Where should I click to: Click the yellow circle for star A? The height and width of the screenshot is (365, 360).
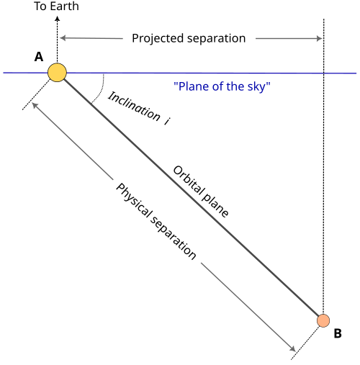coord(57,73)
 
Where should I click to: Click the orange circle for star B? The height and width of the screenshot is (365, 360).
coord(323,320)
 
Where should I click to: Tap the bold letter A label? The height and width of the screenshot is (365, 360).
coord(39,57)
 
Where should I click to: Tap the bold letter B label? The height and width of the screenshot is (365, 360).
coord(338,333)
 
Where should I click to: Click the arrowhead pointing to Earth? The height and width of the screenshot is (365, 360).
coord(57,18)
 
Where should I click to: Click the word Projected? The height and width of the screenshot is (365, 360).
coord(158,39)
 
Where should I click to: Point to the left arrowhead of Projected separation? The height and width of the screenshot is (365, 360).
coord(63,38)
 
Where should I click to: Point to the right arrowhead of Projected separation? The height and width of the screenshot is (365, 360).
coord(319,38)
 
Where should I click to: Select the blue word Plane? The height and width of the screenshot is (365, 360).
coord(192,86)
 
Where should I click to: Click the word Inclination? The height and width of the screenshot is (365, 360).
coord(135,107)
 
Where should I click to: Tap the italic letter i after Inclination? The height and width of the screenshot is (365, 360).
coord(167,121)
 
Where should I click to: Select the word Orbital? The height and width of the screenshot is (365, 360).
coord(188,180)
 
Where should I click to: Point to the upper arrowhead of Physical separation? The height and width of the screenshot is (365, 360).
coord(35,105)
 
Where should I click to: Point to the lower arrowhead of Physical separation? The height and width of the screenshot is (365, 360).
coord(292,349)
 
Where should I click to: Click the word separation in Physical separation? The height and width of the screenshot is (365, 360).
coord(174,238)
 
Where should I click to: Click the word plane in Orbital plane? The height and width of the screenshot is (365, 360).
coord(215,204)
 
